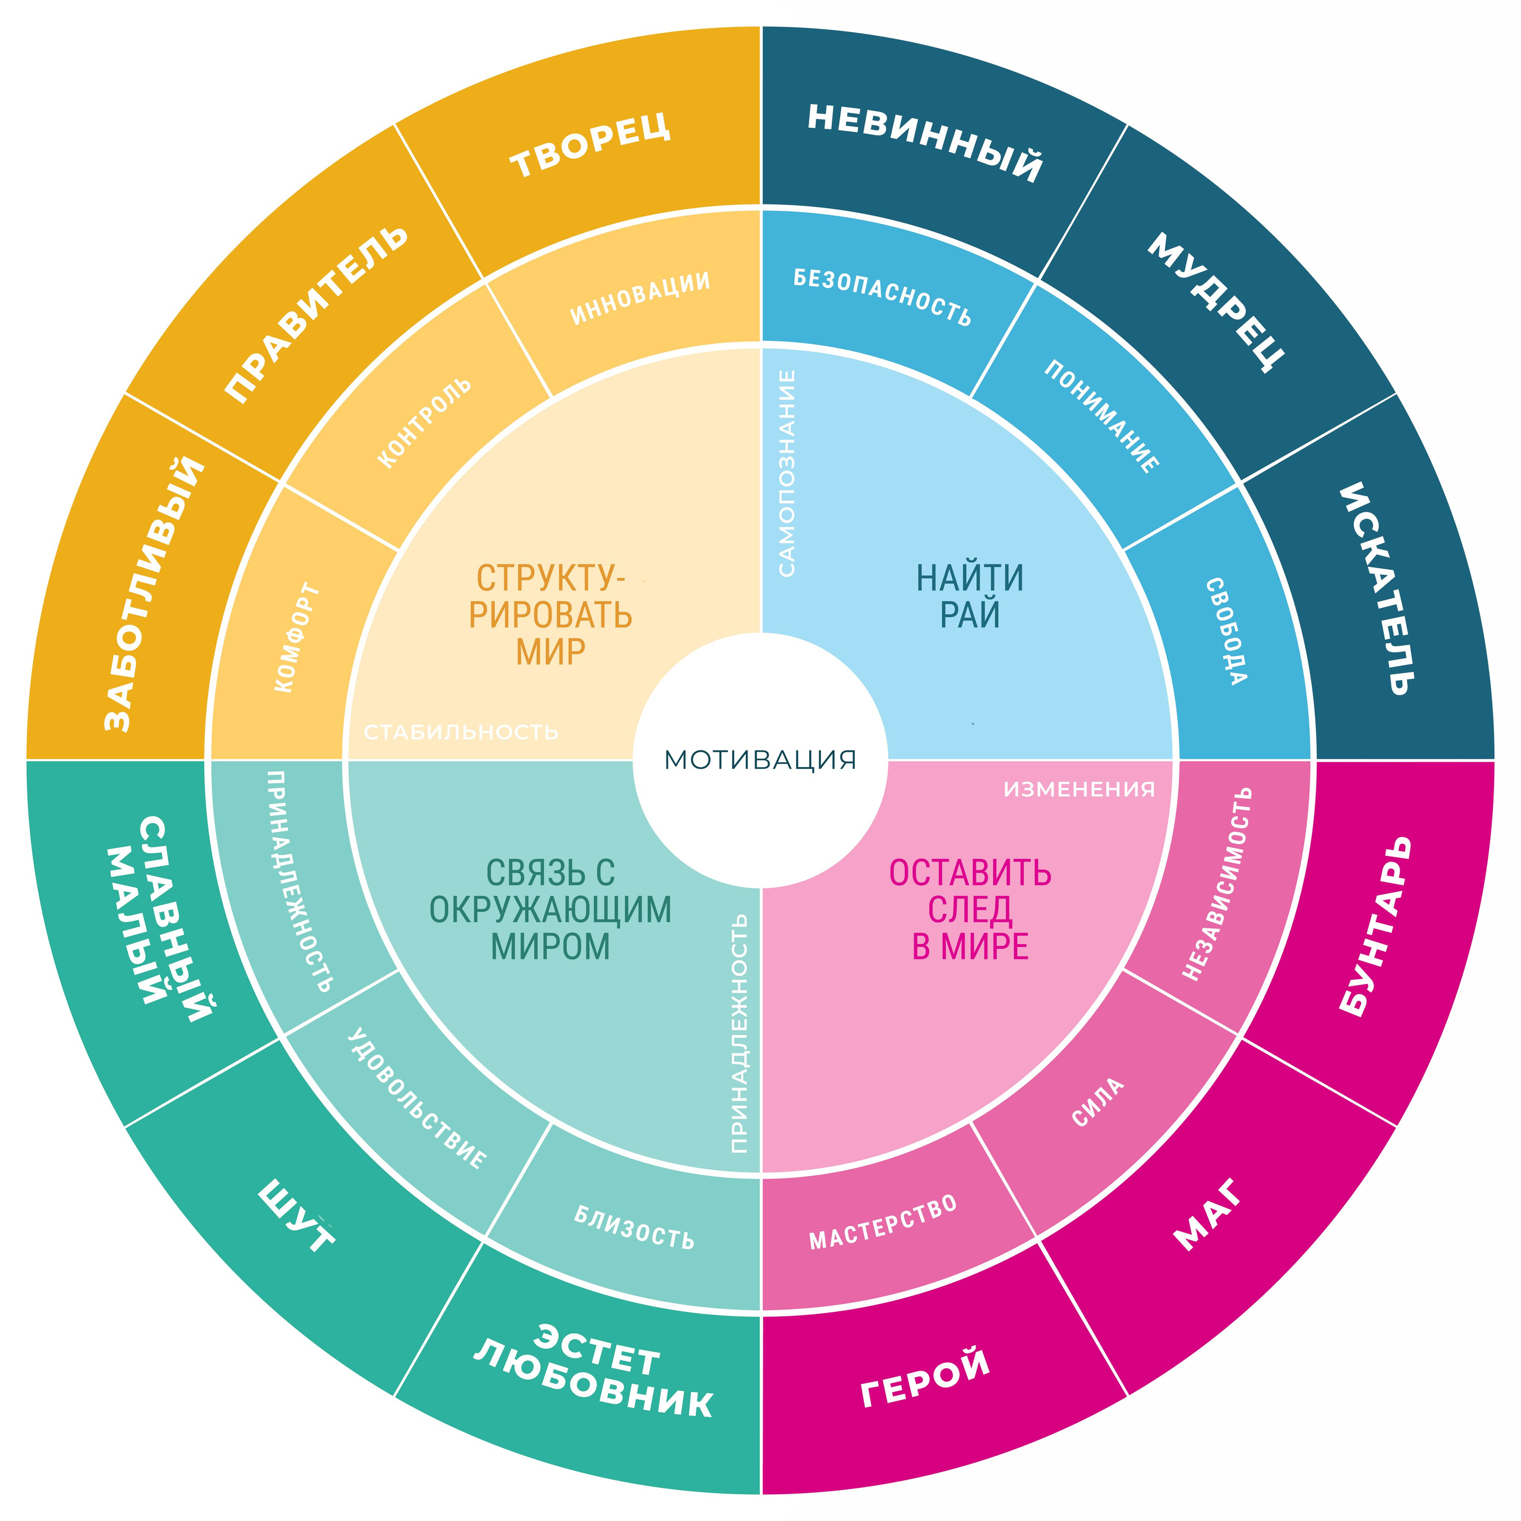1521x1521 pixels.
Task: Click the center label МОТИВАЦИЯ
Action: tap(760, 760)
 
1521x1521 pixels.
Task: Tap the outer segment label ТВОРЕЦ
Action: tap(591, 145)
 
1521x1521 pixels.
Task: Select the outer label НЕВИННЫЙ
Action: tap(925, 143)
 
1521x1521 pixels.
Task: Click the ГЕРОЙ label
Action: tap(925, 1377)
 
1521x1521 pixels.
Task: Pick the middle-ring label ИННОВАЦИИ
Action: tap(640, 298)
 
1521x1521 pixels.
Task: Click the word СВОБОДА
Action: tap(1226, 632)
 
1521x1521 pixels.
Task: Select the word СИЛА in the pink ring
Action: tap(1098, 1102)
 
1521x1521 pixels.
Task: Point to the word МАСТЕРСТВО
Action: tap(883, 1221)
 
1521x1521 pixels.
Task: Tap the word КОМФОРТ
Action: tap(298, 638)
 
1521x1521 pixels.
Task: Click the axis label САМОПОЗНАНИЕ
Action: tap(787, 473)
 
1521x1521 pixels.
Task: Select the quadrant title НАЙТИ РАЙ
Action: tap(970, 596)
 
